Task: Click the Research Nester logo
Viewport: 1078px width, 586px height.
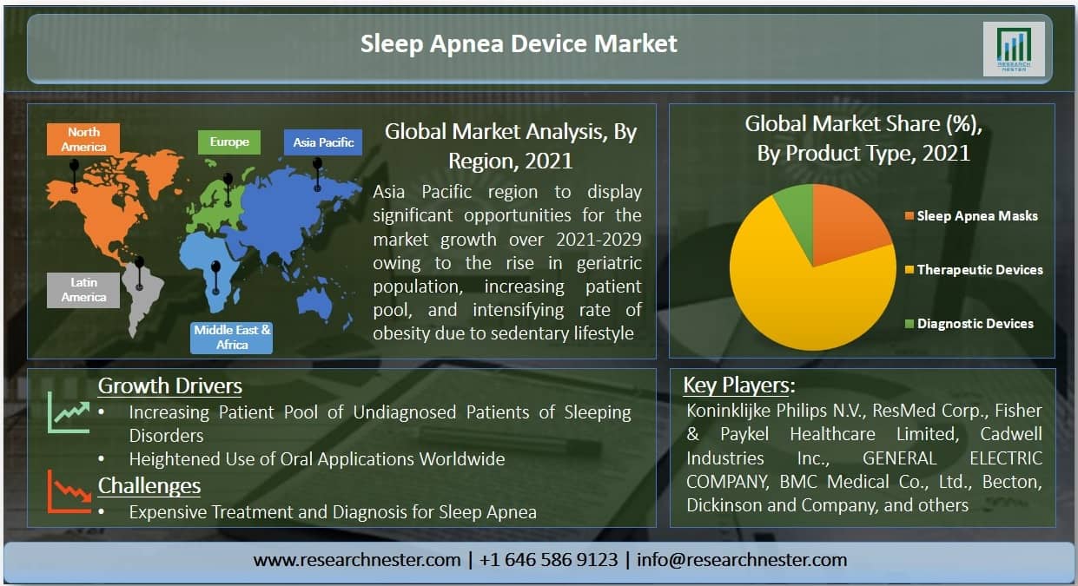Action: click(x=1014, y=49)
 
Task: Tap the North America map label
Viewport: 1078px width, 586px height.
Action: click(x=83, y=139)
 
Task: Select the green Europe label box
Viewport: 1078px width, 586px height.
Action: click(x=229, y=142)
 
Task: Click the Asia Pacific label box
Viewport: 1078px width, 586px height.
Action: click(x=323, y=142)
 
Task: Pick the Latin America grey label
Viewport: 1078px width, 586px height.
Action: click(x=83, y=290)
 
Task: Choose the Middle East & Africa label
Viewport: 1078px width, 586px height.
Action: click(x=231, y=338)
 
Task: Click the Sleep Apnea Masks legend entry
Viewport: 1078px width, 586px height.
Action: click(x=971, y=216)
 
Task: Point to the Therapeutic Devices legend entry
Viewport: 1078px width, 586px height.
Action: click(x=974, y=270)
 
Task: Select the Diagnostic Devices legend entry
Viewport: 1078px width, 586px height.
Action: click(x=969, y=324)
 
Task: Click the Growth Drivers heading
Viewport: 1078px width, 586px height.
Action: click(x=170, y=385)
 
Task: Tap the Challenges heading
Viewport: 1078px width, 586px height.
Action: click(x=149, y=486)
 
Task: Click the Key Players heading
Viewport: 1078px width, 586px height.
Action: click(x=738, y=385)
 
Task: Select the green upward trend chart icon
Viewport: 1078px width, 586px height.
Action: click(x=69, y=412)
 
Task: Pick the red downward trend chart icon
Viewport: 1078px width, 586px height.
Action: click(x=69, y=491)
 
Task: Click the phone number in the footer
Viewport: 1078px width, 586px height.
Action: click(x=549, y=560)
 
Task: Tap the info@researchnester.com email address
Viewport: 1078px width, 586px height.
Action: click(x=742, y=560)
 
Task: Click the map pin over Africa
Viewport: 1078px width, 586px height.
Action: click(x=216, y=278)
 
